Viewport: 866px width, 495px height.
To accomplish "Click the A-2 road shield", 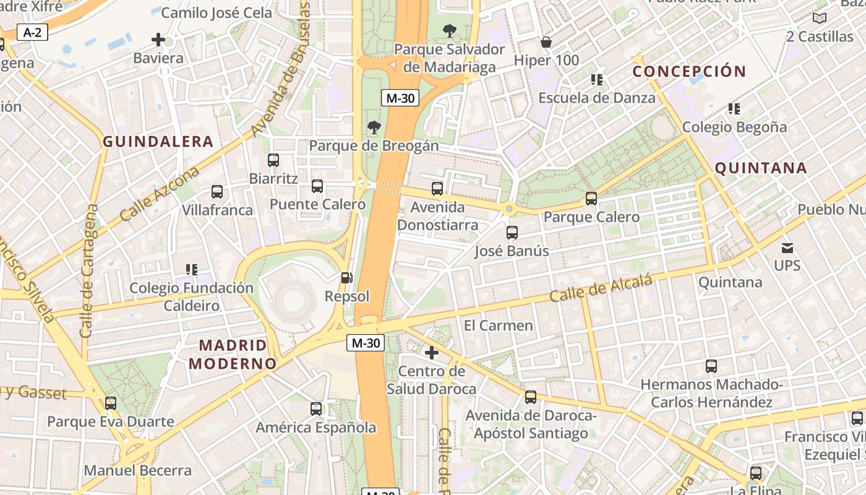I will point(32,32).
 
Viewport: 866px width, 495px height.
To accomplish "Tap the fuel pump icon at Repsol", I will point(348,278).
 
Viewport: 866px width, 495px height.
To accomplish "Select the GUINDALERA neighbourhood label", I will point(158,142).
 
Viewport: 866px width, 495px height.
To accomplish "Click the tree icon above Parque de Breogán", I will point(374,127).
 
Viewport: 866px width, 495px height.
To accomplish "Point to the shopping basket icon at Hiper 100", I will point(546,42).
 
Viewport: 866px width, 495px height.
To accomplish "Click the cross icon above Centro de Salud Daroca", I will point(432,353).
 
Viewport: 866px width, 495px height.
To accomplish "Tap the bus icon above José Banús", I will point(512,233).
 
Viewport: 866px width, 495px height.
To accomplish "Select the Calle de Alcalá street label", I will point(601,289).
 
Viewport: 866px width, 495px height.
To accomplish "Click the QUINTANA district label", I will point(761,168).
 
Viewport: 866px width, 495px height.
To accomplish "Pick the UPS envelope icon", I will point(787,248).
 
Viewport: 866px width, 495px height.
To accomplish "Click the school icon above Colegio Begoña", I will point(734,110).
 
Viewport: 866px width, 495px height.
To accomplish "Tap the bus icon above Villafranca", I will point(217,192).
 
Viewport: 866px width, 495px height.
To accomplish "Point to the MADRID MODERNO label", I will point(233,354).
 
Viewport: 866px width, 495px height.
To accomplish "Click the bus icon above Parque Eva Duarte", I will point(111,403).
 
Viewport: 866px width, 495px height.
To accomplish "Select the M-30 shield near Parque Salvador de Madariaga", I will point(400,98).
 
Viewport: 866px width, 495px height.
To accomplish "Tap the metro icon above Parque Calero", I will point(591,199).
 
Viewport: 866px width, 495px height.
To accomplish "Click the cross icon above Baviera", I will point(158,40).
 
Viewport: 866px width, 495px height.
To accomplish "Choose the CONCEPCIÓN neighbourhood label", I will point(689,71).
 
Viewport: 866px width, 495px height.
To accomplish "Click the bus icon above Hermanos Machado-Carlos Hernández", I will point(711,366).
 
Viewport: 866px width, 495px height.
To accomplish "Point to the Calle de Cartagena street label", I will point(89,272).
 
